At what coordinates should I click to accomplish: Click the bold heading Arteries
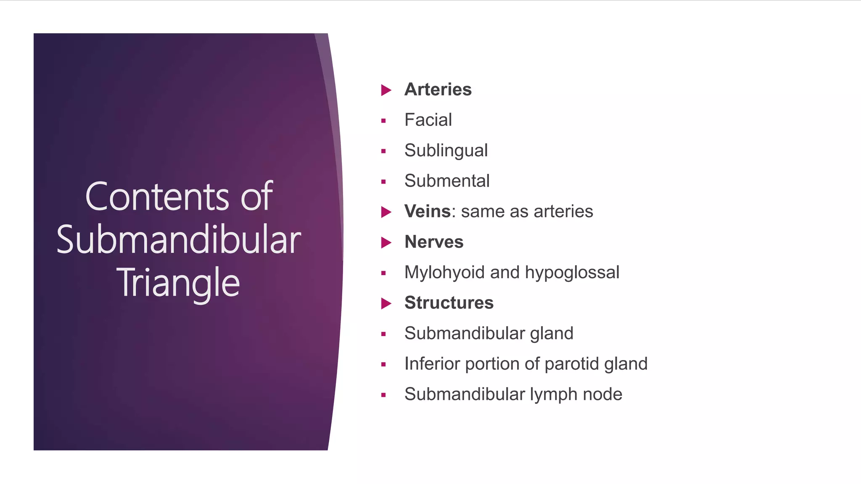click(438, 89)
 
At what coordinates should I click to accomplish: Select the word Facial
click(428, 120)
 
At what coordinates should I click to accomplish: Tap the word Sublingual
click(446, 150)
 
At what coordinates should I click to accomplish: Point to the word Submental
click(447, 181)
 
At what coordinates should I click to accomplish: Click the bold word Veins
click(428, 211)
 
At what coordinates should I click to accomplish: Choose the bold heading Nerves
click(433, 242)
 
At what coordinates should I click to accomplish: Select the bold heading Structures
click(449, 303)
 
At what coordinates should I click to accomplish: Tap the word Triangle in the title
click(178, 283)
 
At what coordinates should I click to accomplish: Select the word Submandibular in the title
click(179, 239)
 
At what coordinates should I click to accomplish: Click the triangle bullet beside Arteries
click(386, 90)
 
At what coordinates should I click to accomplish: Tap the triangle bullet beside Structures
click(386, 303)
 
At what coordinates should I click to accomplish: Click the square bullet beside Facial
click(383, 121)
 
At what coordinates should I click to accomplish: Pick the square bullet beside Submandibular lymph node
click(383, 395)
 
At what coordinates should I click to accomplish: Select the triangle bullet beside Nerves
click(386, 242)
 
